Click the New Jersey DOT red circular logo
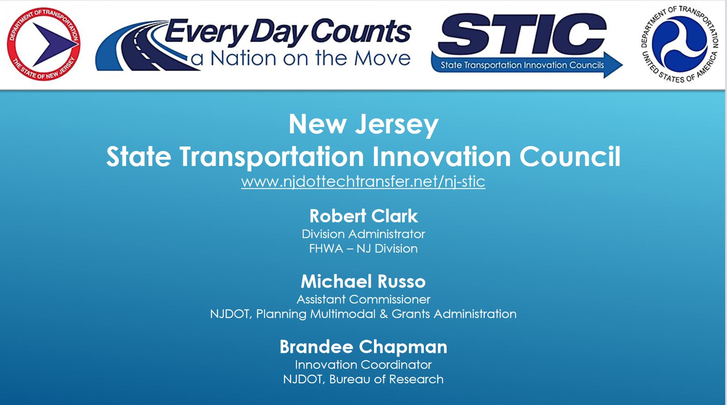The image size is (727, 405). coord(44,44)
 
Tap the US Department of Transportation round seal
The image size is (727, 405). coord(679,44)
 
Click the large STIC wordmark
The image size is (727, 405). coord(522,34)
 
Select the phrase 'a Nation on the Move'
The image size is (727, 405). coord(300,59)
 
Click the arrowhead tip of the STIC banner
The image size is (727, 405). coord(623,65)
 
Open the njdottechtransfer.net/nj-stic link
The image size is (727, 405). coord(363,181)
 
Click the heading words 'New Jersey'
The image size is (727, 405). coord(363,125)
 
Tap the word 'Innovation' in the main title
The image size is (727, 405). coord(442,157)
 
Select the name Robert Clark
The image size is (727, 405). coord(363,216)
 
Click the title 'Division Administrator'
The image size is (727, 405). coord(363,234)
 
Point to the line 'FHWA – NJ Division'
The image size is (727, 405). coord(363,249)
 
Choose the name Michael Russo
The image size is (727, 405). coord(363,282)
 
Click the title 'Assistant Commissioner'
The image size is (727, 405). coord(363,299)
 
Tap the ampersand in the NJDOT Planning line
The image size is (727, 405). coord(383,314)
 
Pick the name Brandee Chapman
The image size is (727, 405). coord(363,347)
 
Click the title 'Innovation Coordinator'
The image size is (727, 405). coord(363,365)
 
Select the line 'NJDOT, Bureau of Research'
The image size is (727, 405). coord(363,380)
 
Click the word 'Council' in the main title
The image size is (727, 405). coord(570,157)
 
